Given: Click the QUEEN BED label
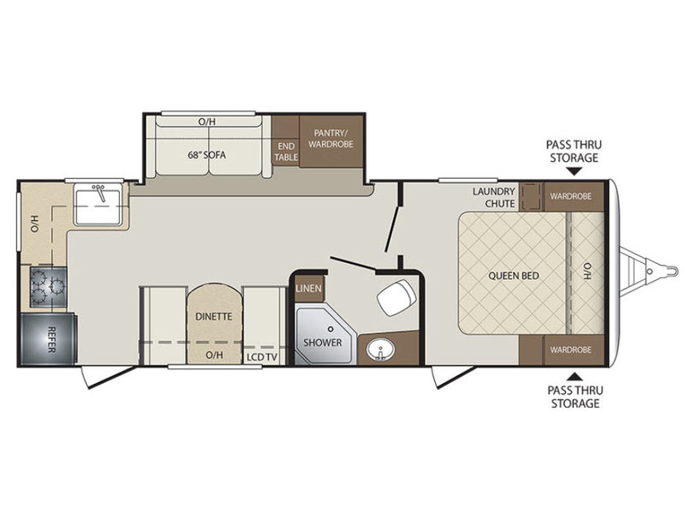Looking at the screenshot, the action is click(x=513, y=276).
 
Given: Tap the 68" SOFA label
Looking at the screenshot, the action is click(x=206, y=155).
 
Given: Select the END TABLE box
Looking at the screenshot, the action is click(x=286, y=152).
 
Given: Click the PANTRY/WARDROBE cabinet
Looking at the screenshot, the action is click(x=331, y=141).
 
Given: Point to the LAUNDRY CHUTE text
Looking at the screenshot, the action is click(x=494, y=197).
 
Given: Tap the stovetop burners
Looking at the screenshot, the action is click(x=48, y=287).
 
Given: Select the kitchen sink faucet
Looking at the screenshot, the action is click(x=100, y=193).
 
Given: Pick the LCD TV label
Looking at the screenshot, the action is click(x=262, y=357).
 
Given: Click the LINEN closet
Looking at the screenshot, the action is click(x=308, y=288).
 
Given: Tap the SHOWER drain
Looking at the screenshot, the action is click(x=331, y=329).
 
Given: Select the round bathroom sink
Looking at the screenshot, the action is click(x=380, y=350).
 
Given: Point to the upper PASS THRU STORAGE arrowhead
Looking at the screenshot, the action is click(x=575, y=172).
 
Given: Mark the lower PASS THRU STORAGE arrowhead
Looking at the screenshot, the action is click(x=575, y=376).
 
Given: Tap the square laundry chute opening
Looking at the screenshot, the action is click(x=531, y=196).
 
